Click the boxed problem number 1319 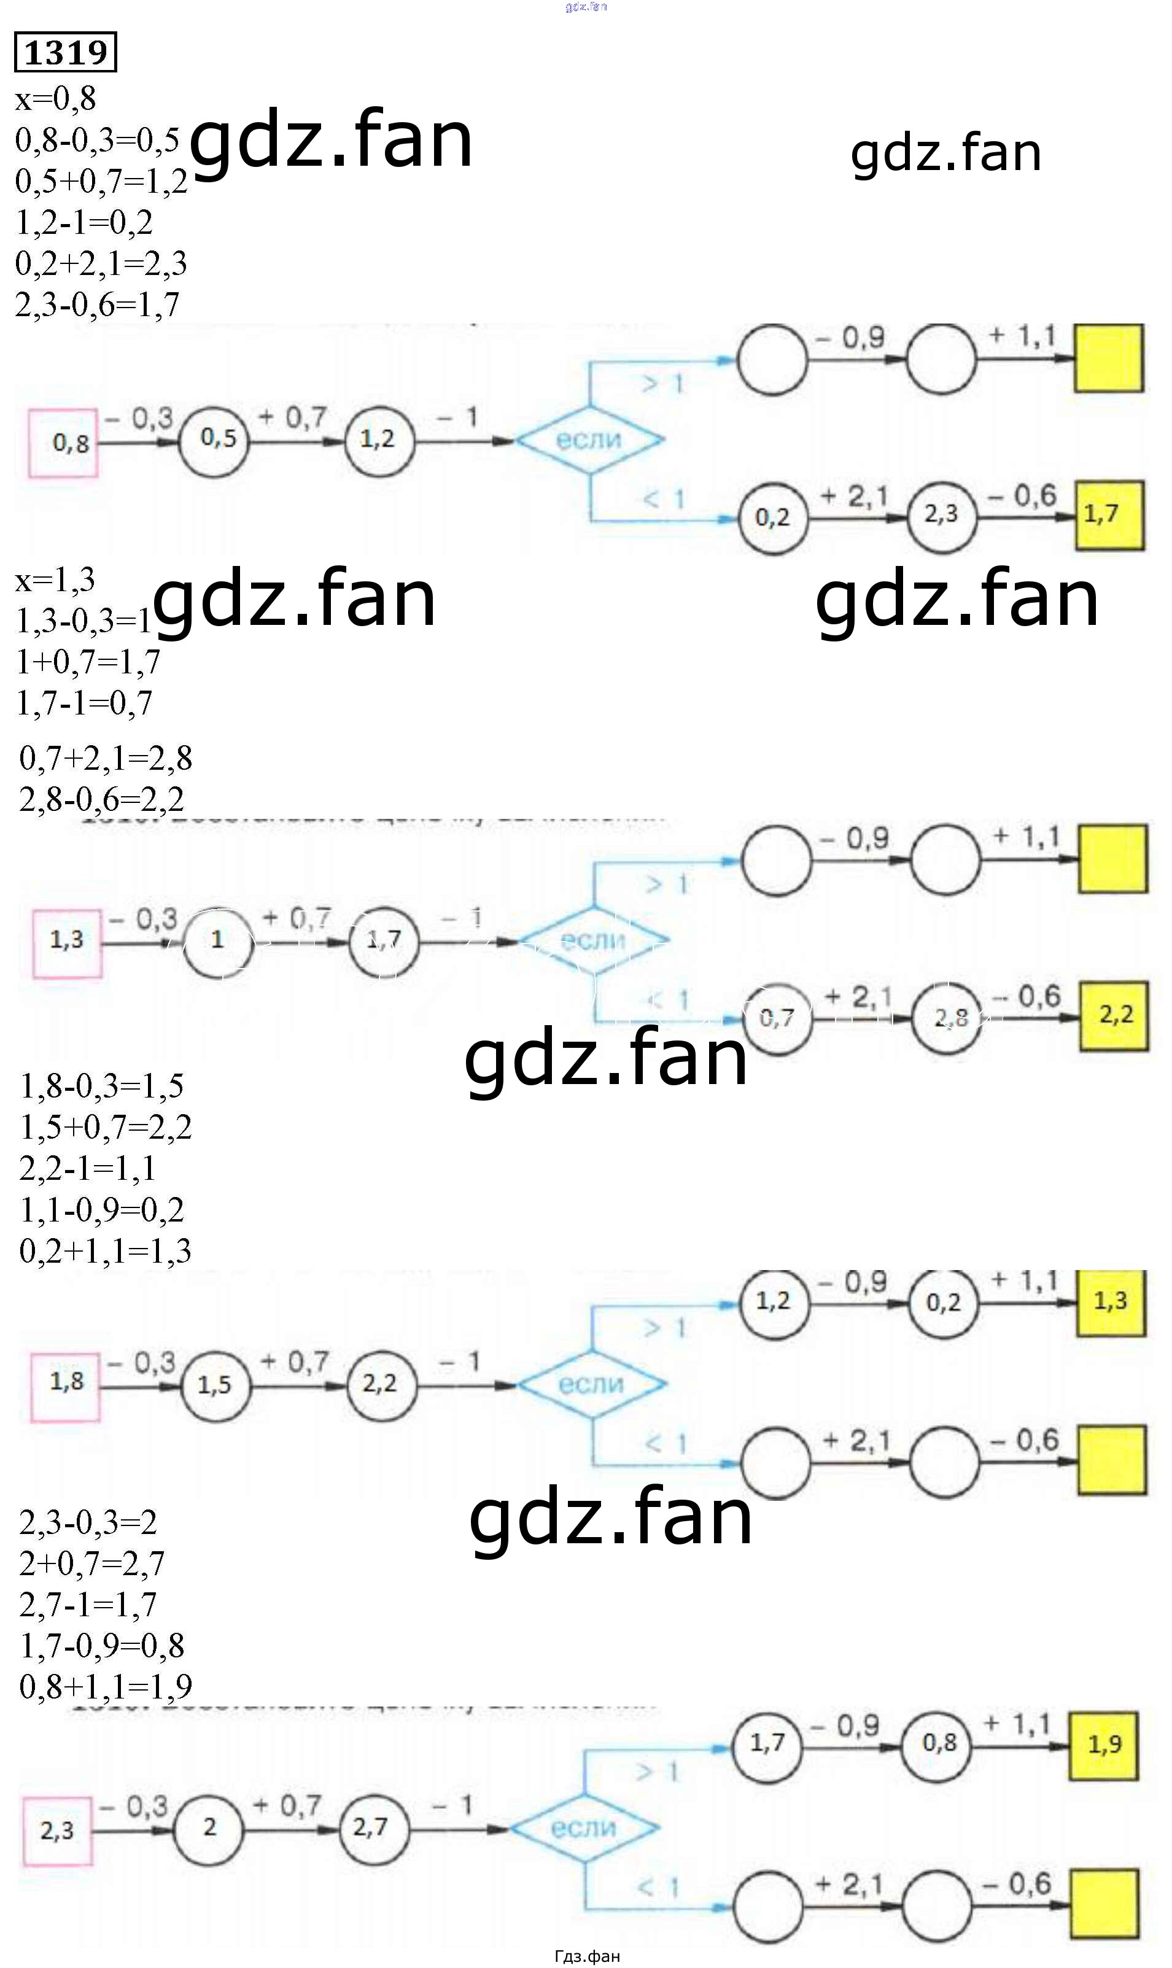point(66,52)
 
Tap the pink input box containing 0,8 point(64,443)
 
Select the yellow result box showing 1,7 point(1109,514)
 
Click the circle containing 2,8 point(946,1018)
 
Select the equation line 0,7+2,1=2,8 point(106,759)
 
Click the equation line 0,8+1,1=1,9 point(106,1686)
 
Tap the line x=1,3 point(55,580)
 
